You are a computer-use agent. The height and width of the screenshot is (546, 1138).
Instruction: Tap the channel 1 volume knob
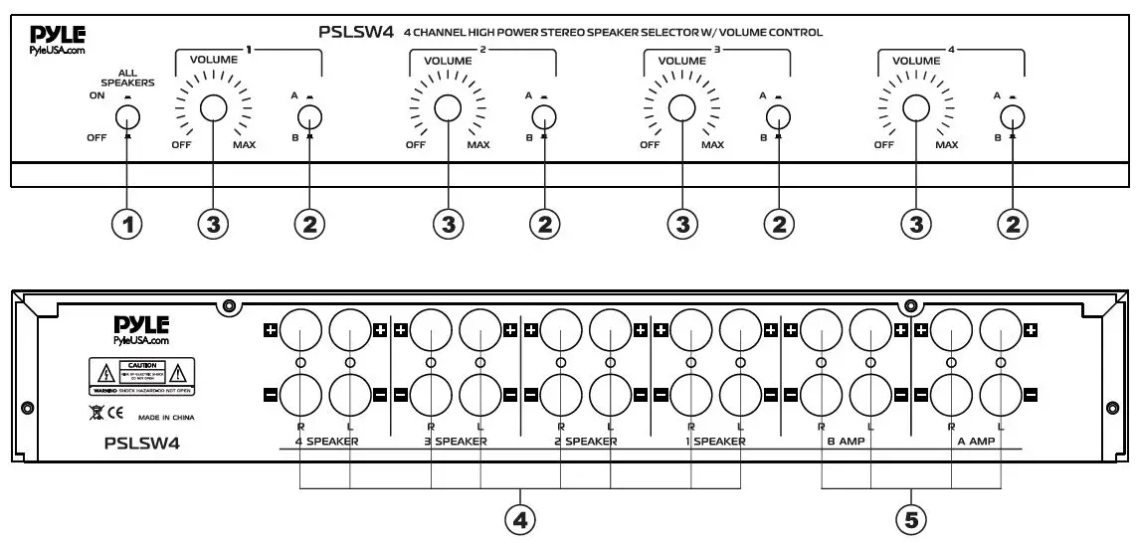point(214,108)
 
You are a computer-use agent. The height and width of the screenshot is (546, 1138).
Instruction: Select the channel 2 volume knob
point(448,108)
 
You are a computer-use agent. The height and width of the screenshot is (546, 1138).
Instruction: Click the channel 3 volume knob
point(681,108)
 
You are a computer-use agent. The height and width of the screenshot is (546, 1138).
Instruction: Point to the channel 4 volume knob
point(915,108)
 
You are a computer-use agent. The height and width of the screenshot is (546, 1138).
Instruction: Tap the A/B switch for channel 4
point(1012,115)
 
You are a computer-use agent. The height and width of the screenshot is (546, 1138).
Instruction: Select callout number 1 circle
point(126,225)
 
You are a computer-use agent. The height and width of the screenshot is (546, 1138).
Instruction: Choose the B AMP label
point(844,441)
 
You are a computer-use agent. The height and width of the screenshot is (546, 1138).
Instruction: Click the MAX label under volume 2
point(478,145)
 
